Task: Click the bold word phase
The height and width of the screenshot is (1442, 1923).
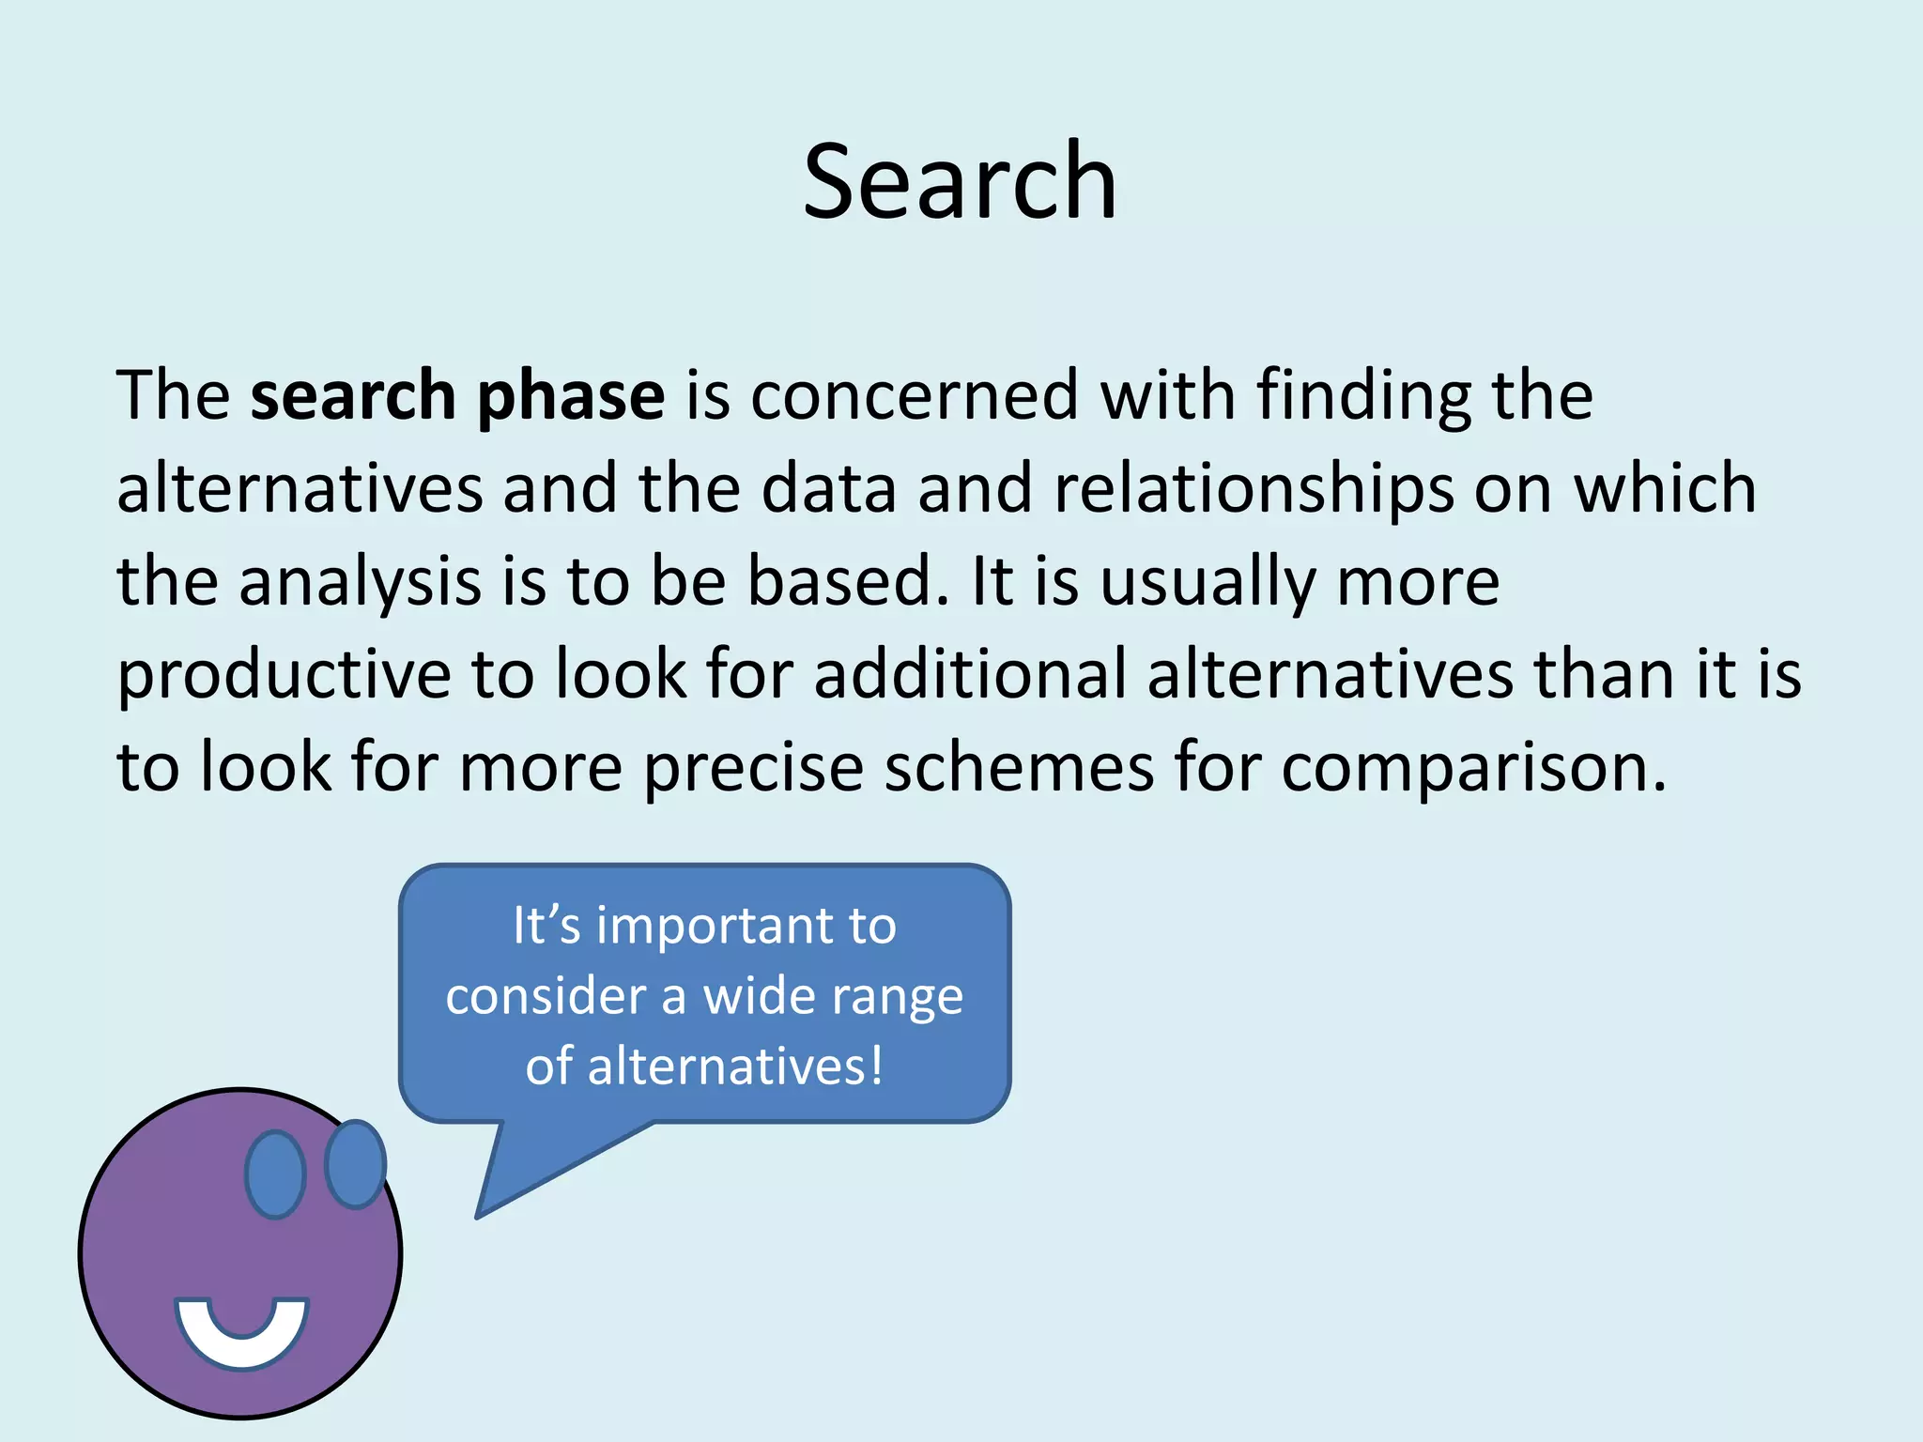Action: point(571,396)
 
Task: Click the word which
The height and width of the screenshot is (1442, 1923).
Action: point(1664,488)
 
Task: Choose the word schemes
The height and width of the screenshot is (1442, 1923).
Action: point(1019,768)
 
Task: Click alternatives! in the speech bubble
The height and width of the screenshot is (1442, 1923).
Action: point(735,1066)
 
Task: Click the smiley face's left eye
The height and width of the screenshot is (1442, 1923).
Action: point(275,1174)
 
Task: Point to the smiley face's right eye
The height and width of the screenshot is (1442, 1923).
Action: point(355,1164)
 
